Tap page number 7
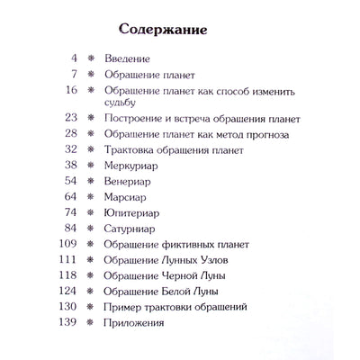point(76,76)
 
